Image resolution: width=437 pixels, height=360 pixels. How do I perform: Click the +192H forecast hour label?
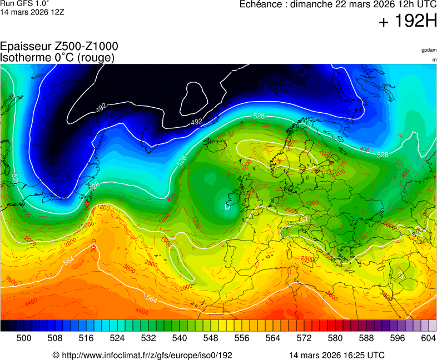(x=408, y=22)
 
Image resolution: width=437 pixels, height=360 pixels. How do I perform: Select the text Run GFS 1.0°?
(x=24, y=3)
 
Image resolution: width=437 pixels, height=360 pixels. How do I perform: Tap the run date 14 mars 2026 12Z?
(x=32, y=12)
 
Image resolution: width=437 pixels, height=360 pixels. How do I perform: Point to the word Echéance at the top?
(x=261, y=5)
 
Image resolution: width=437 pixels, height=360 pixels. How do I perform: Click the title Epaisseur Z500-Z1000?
(x=59, y=47)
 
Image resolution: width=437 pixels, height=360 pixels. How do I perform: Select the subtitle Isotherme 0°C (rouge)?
(x=57, y=57)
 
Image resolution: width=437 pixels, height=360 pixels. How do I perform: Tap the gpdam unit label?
(x=429, y=50)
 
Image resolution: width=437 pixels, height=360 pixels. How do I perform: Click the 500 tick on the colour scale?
(x=24, y=337)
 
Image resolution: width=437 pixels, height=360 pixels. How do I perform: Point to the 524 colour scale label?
(x=117, y=337)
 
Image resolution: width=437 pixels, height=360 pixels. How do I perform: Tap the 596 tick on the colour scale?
(x=398, y=337)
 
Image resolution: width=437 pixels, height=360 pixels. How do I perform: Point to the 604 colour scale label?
(x=428, y=337)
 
